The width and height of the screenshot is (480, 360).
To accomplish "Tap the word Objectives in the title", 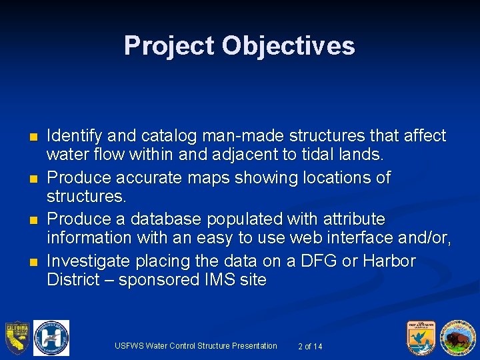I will [289, 46].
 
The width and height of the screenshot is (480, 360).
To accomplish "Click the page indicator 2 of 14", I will [311, 346].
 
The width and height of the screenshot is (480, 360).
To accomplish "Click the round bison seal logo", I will [457, 338].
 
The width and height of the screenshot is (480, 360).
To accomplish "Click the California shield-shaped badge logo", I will [17, 338].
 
